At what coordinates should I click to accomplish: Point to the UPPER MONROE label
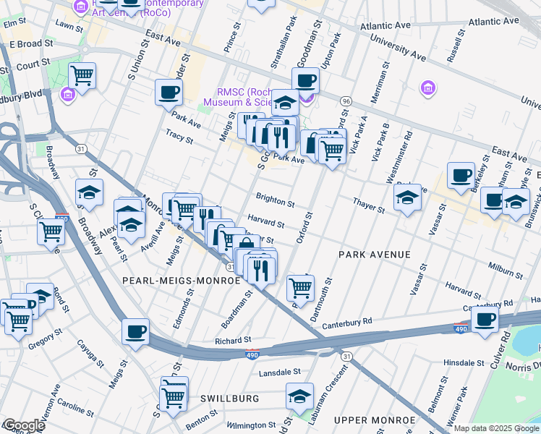pyautogui.click(x=375, y=420)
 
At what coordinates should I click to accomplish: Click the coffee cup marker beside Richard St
pyautogui.click(x=135, y=332)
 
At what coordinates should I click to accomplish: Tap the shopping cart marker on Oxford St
pyautogui.click(x=301, y=287)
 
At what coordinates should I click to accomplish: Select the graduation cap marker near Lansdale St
pyautogui.click(x=299, y=396)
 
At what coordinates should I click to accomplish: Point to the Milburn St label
pyautogui.click(x=505, y=271)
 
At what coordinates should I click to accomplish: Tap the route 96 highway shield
pyautogui.click(x=346, y=101)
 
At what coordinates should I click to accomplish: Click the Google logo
pyautogui.click(x=23, y=425)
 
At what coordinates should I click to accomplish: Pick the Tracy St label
pyautogui.click(x=179, y=136)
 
